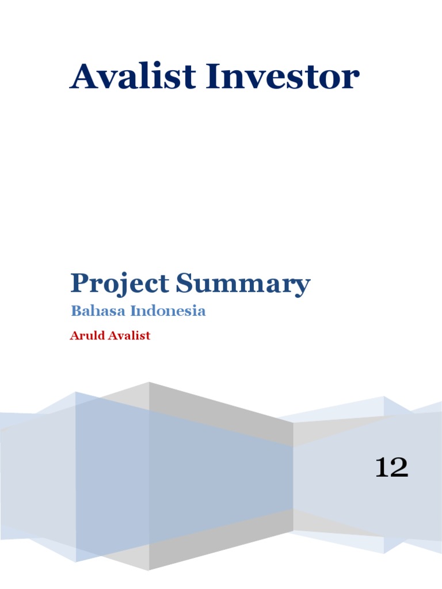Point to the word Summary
[x=243, y=285]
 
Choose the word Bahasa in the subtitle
[x=98, y=311]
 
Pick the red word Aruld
[x=87, y=336]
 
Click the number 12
[x=391, y=467]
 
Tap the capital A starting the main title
[x=83, y=77]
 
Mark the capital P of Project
[x=79, y=284]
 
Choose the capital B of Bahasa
[x=75, y=311]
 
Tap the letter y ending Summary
[x=302, y=287]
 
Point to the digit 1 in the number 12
[x=382, y=467]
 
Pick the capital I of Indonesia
[x=133, y=311]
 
